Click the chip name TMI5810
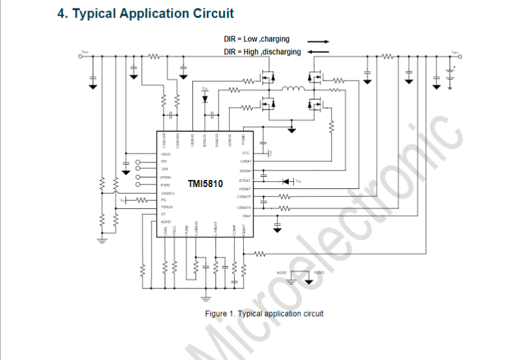tap(205, 184)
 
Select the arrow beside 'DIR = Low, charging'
tap(318, 39)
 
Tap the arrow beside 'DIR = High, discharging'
tap(318, 52)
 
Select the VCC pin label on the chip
tap(246, 153)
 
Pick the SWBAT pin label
tap(244, 171)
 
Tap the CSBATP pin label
tap(243, 196)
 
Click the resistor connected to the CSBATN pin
tap(284, 208)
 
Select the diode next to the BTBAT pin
tap(288, 181)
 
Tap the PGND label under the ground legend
tap(319, 273)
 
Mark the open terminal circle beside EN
tap(138, 161)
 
